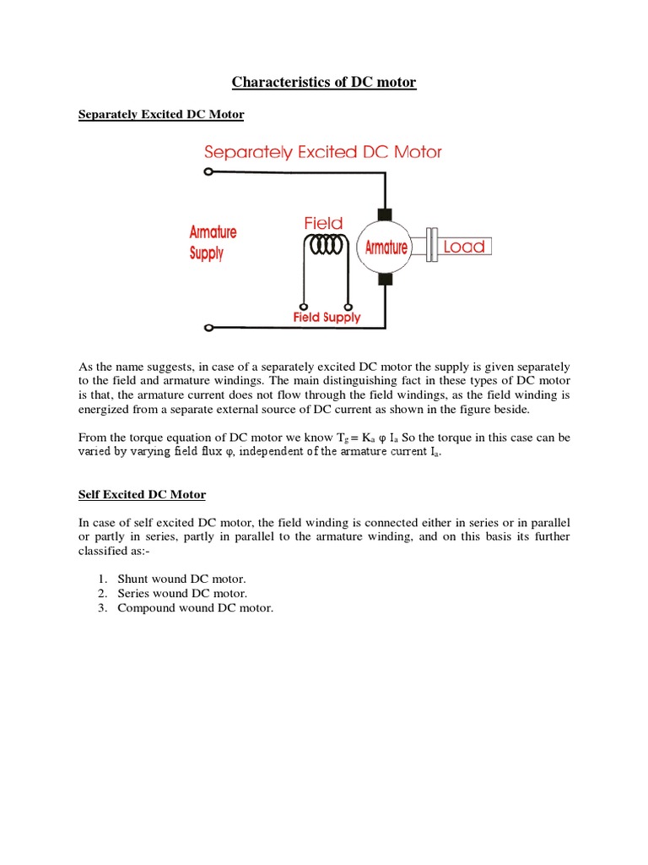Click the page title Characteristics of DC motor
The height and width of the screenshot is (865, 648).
click(324, 82)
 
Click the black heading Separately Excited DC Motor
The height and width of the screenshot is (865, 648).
click(160, 114)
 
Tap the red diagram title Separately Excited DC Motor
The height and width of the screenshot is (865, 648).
click(323, 152)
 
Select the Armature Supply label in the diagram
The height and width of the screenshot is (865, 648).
click(213, 242)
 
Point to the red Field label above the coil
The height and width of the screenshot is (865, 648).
click(323, 223)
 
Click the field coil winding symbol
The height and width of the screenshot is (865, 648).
click(325, 245)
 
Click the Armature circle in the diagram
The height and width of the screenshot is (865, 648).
click(385, 247)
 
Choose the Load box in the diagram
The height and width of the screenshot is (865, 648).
click(464, 247)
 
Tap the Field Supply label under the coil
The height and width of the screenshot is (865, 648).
click(326, 318)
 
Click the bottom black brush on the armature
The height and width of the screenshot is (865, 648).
click(385, 280)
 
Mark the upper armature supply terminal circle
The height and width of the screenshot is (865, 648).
click(208, 172)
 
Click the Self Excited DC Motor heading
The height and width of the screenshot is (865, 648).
click(142, 494)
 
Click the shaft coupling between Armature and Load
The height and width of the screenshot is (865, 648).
click(429, 247)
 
